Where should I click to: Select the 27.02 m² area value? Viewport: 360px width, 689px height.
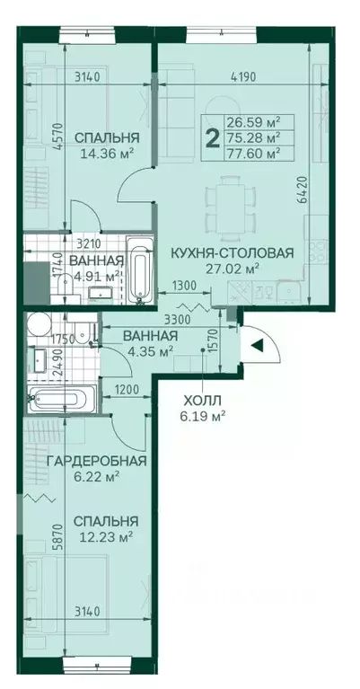(232, 268)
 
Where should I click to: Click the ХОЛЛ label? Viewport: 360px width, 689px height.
(200, 401)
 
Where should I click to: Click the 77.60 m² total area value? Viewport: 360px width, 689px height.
(254, 152)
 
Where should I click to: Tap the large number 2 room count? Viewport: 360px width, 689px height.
(212, 137)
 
